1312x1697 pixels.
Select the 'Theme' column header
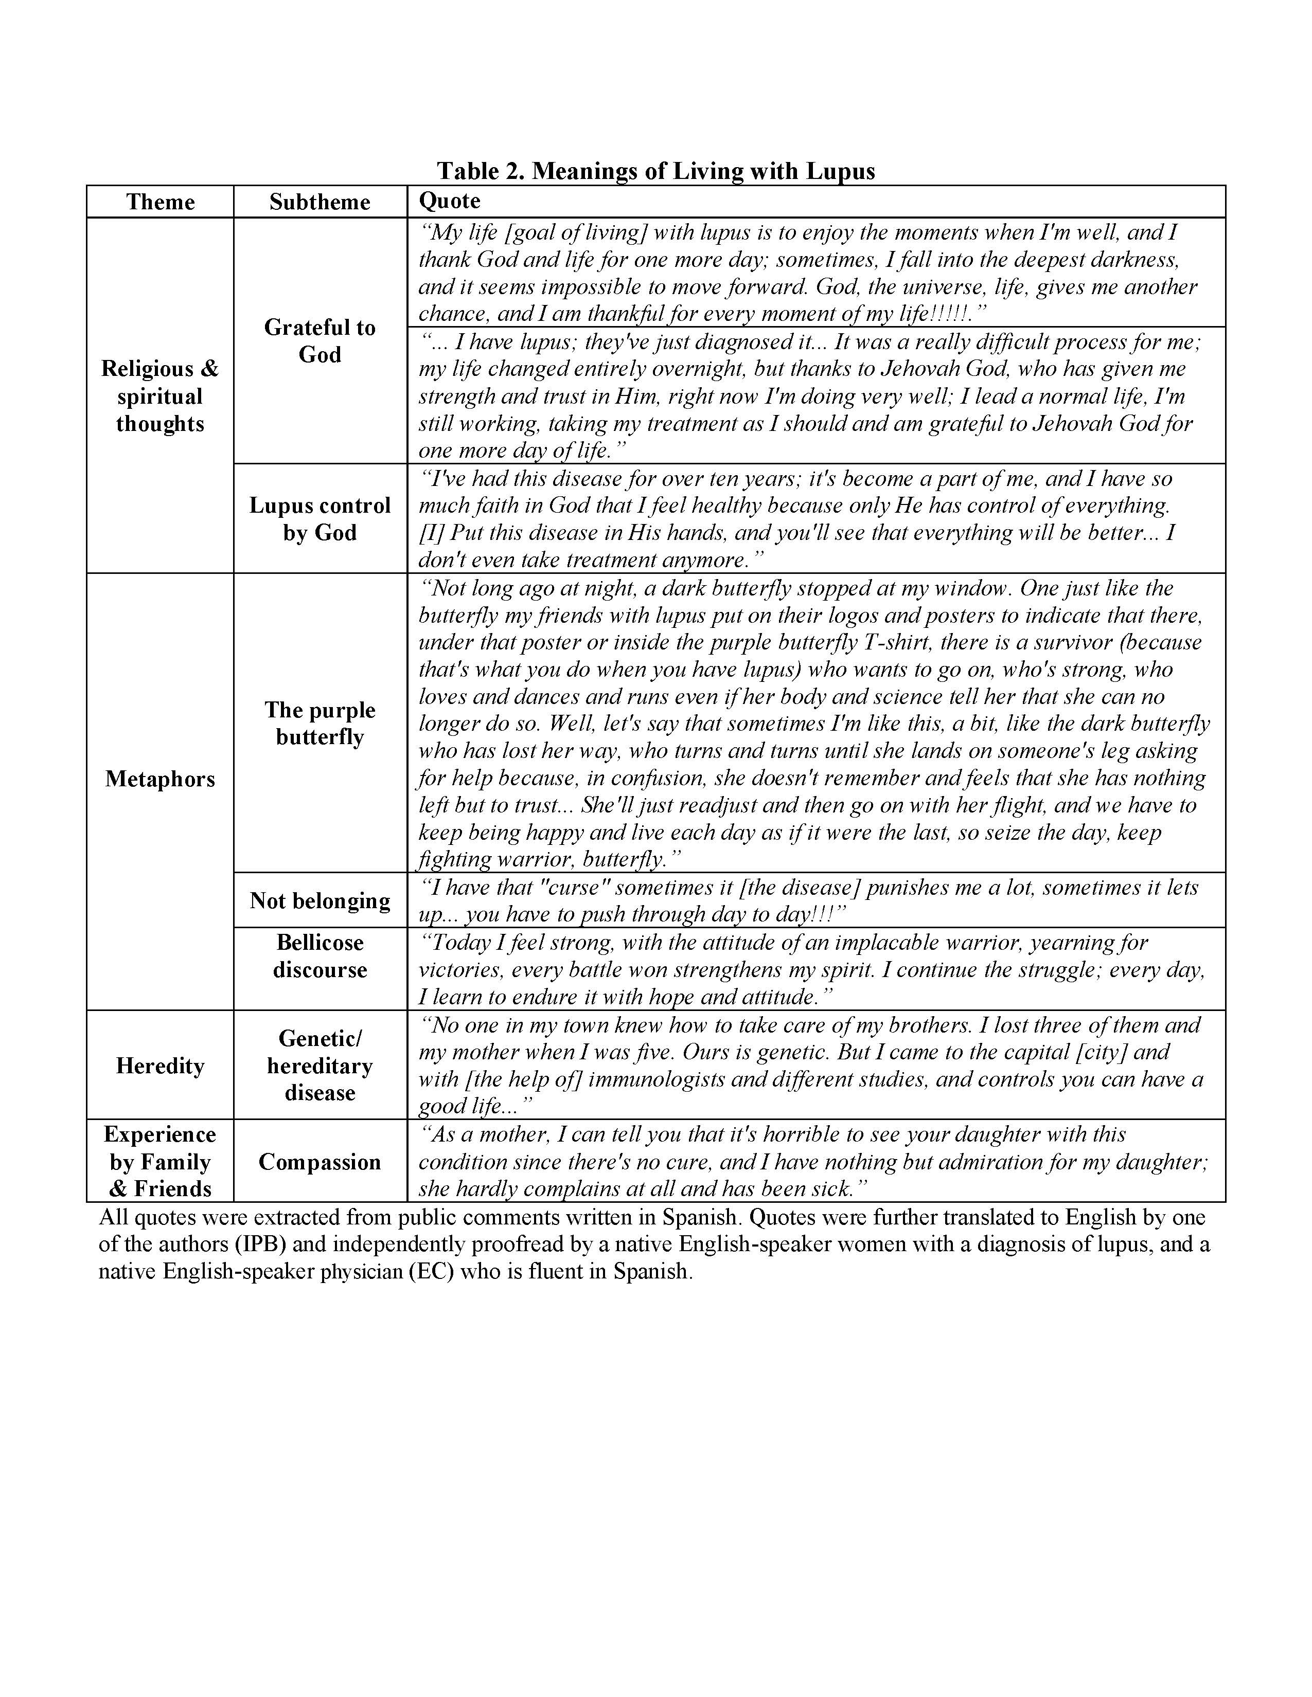tap(160, 202)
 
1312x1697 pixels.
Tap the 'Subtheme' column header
tap(320, 202)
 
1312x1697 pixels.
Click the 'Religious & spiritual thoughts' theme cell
tap(160, 396)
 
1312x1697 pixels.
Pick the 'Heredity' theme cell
tap(160, 1066)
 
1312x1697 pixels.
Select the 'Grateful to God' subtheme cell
tap(320, 341)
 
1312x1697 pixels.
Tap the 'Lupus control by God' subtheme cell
tap(320, 519)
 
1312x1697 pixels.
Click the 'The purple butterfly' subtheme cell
tap(320, 724)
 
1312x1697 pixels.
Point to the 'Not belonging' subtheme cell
tap(320, 900)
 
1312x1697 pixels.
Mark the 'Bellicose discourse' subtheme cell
tap(320, 956)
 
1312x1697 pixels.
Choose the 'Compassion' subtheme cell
tap(320, 1162)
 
